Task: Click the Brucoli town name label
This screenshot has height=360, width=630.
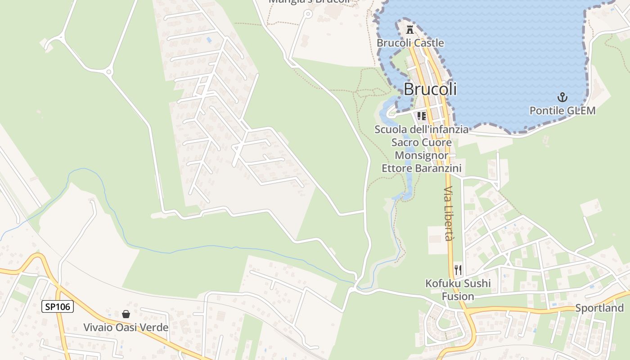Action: pyautogui.click(x=430, y=89)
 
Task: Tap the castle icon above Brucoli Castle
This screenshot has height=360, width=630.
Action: pyautogui.click(x=409, y=30)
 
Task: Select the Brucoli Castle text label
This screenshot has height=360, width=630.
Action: pyautogui.click(x=410, y=43)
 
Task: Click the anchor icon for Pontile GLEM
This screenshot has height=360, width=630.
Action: pyautogui.click(x=562, y=97)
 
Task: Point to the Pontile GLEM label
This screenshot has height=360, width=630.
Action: pyautogui.click(x=562, y=110)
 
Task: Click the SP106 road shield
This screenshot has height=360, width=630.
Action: pyautogui.click(x=58, y=307)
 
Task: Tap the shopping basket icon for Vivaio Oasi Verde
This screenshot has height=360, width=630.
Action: pyautogui.click(x=126, y=314)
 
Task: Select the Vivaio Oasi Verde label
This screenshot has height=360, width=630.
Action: pyautogui.click(x=126, y=327)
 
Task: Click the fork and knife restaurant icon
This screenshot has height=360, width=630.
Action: pyautogui.click(x=458, y=270)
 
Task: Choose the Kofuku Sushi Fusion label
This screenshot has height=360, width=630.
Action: pyautogui.click(x=458, y=290)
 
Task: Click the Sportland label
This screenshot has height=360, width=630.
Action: pyautogui.click(x=599, y=308)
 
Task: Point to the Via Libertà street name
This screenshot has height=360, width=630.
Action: pyautogui.click(x=449, y=214)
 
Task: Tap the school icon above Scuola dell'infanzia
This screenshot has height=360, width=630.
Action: pyautogui.click(x=422, y=116)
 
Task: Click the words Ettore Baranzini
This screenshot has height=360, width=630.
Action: pyautogui.click(x=422, y=168)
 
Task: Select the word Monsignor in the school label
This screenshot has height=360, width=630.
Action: pyautogui.click(x=422, y=155)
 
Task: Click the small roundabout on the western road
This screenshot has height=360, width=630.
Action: pyautogui.click(x=108, y=72)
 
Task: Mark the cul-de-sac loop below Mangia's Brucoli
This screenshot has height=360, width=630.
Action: pyautogui.click(x=308, y=14)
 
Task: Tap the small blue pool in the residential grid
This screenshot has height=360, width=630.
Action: pyautogui.click(x=209, y=40)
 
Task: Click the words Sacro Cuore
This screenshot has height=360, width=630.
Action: pyautogui.click(x=422, y=142)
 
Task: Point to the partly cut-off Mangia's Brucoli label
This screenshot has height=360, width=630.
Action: pyautogui.click(x=309, y=2)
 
